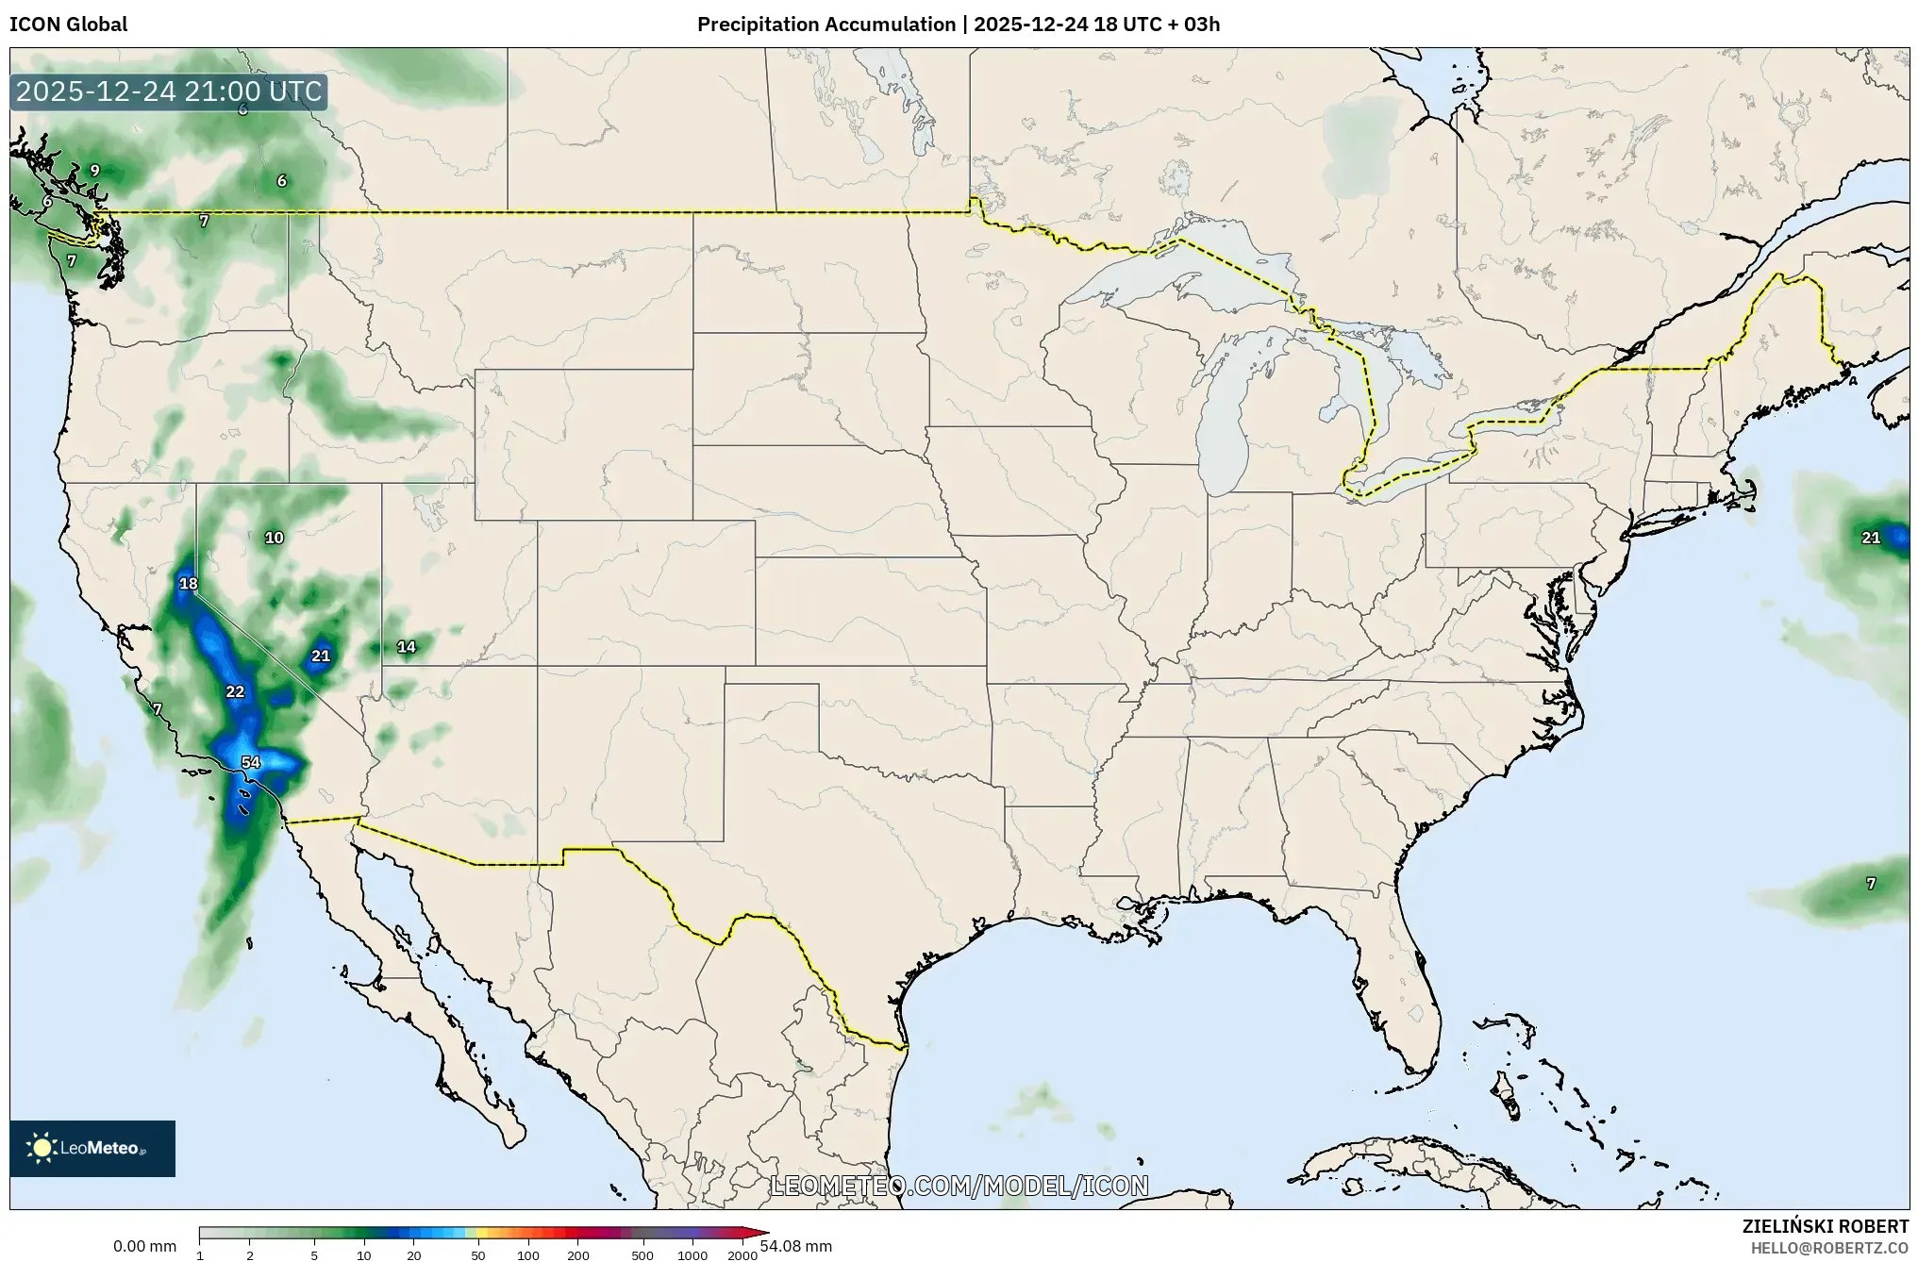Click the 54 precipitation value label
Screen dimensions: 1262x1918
click(250, 762)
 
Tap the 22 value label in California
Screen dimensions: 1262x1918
click(235, 691)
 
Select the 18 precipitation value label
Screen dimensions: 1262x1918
click(189, 584)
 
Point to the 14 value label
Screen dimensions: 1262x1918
click(406, 647)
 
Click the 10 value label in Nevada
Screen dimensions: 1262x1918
click(274, 538)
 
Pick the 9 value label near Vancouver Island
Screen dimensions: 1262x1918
click(94, 171)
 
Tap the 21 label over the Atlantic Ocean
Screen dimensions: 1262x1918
click(1871, 538)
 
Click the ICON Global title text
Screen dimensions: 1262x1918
click(68, 25)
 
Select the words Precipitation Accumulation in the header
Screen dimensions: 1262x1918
click(826, 25)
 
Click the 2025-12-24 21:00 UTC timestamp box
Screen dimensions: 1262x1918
click(169, 92)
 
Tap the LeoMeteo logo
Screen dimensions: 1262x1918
click(92, 1148)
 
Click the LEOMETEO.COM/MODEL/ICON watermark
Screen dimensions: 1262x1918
click(959, 1186)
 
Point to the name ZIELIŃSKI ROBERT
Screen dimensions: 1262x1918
click(1825, 1226)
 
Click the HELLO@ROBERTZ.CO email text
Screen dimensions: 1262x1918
click(1829, 1248)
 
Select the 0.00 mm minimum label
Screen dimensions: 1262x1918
click(144, 1246)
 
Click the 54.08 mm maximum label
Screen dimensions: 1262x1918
click(796, 1246)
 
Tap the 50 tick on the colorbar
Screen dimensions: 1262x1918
click(478, 1255)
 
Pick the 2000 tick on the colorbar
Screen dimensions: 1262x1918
click(742, 1255)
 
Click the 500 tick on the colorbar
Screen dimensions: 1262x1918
click(642, 1255)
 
